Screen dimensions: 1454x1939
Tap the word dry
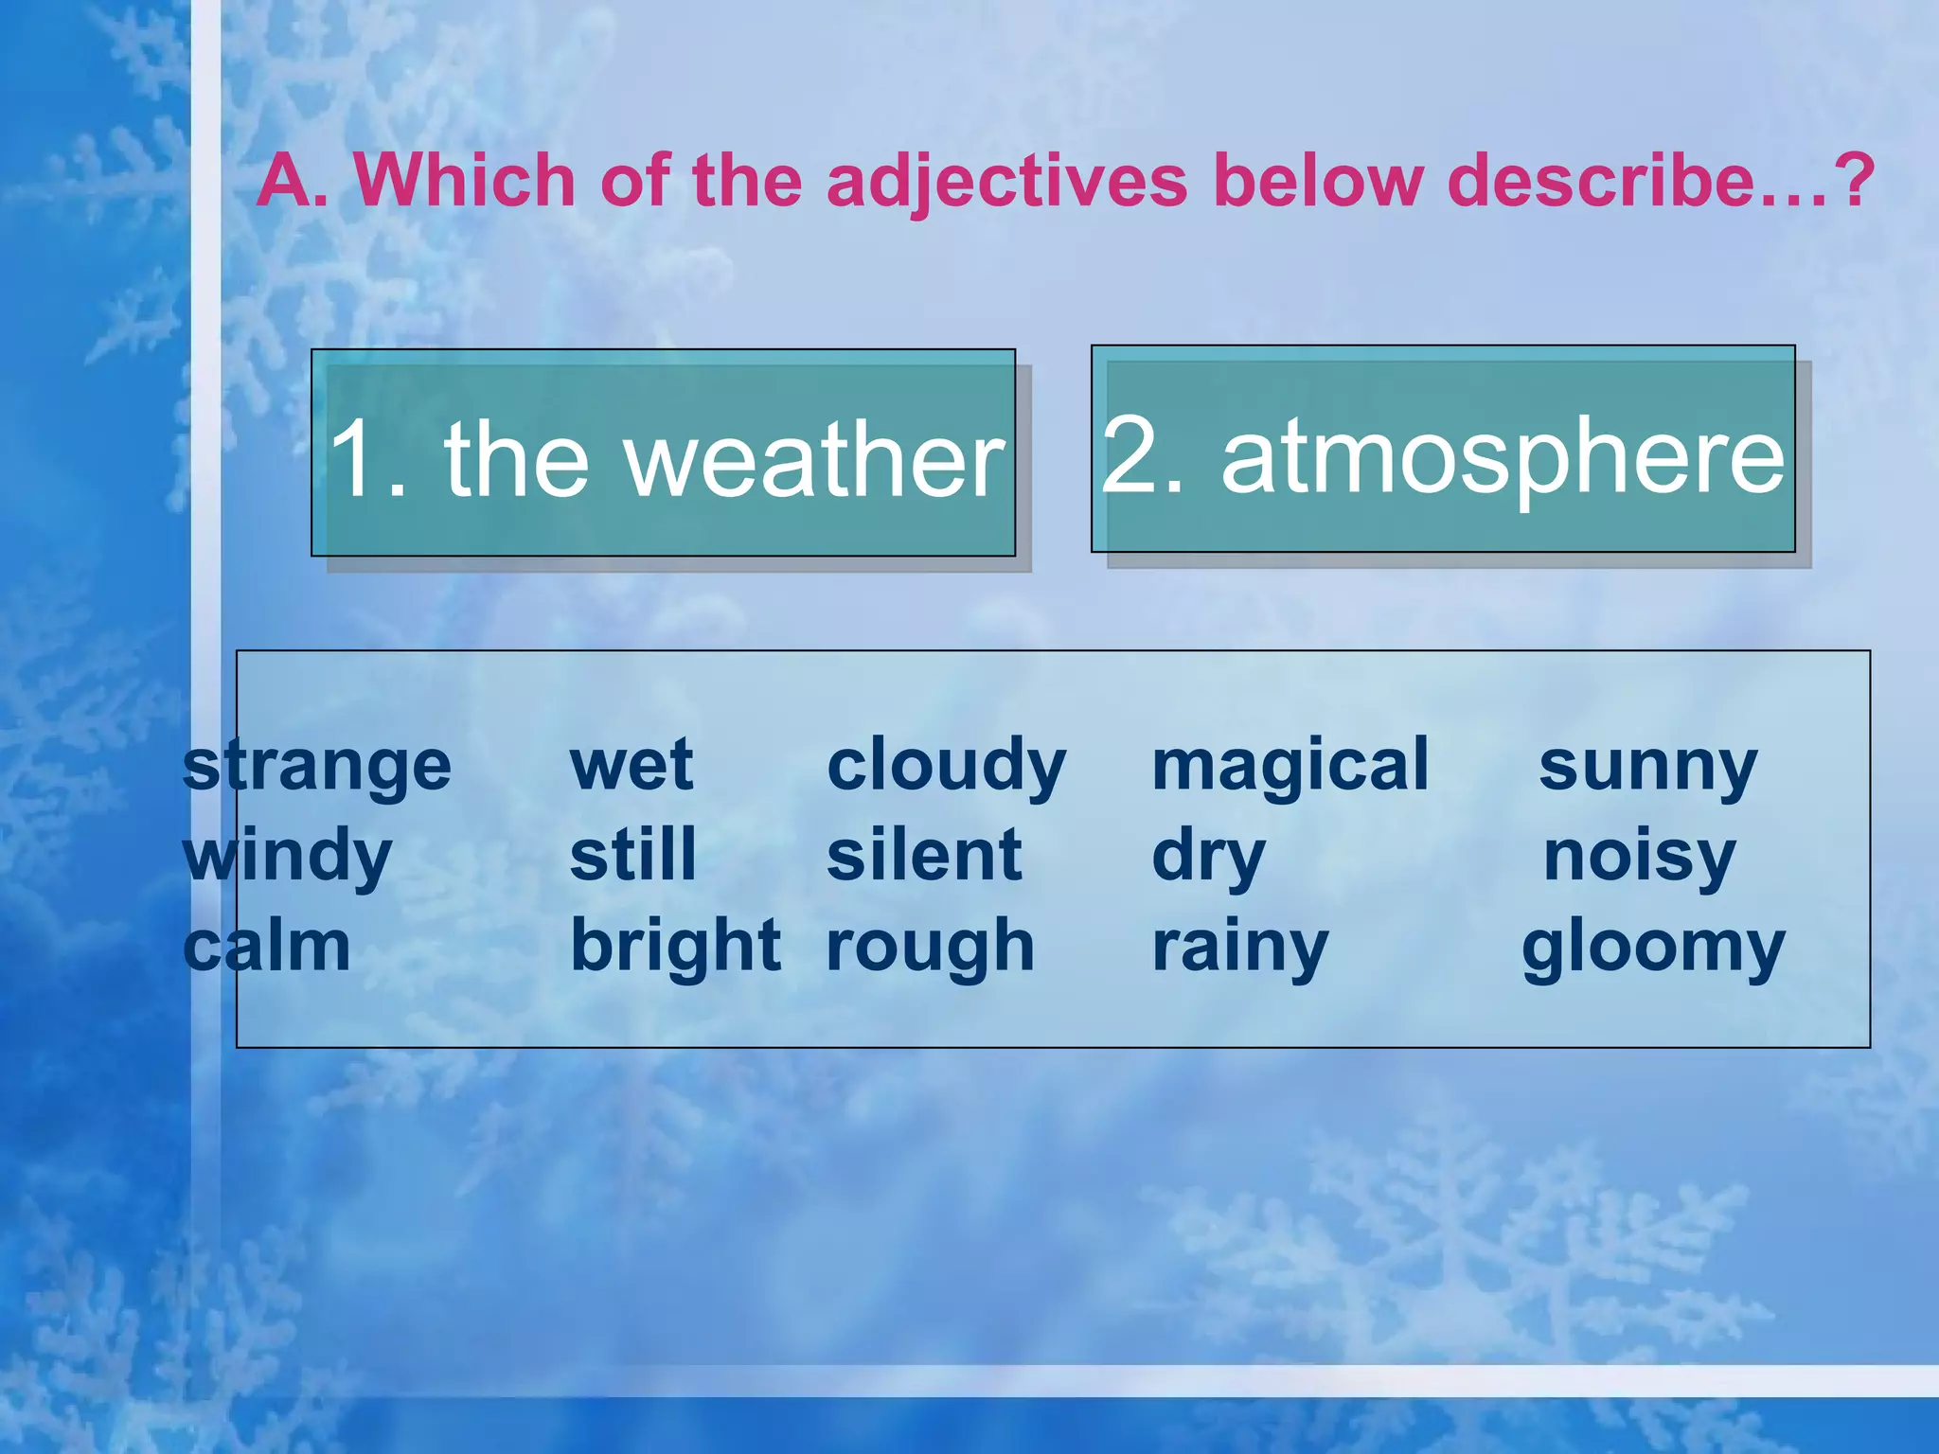tap(1208, 857)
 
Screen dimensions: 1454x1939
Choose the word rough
tap(931, 947)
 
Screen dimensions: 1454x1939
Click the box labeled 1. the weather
tap(664, 453)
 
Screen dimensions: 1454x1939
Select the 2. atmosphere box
tap(1443, 450)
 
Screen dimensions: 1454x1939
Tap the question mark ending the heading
tap(1852, 180)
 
